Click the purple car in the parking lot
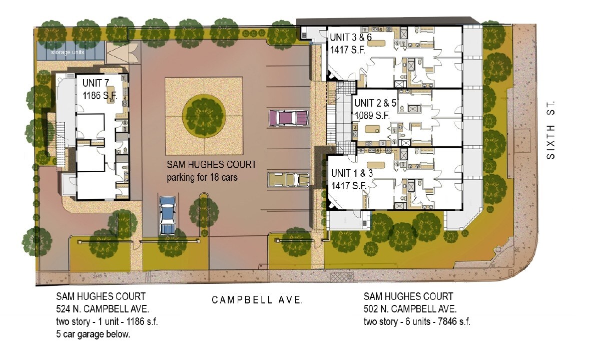point(289,118)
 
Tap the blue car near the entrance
point(168,215)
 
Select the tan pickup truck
point(288,179)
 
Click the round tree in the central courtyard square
point(203,116)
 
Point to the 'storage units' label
point(68,52)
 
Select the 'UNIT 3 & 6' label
point(350,38)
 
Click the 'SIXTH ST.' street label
point(550,130)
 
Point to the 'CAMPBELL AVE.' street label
point(257,300)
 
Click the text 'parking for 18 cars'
point(203,177)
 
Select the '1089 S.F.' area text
point(372,116)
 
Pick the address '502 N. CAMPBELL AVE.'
point(410,309)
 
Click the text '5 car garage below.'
point(93,334)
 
